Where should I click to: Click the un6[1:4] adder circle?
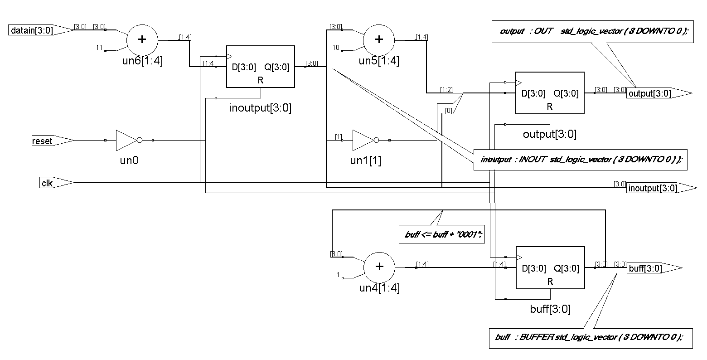tap(142, 39)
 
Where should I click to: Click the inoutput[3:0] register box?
tap(260, 67)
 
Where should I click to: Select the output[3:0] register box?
tap(549, 93)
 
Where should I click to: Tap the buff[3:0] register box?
tap(550, 268)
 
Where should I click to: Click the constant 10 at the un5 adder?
tap(336, 48)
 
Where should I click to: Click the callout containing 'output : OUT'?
tap(593, 31)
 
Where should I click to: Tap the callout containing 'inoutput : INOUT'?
tap(580, 160)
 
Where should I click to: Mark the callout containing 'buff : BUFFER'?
tap(591, 338)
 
